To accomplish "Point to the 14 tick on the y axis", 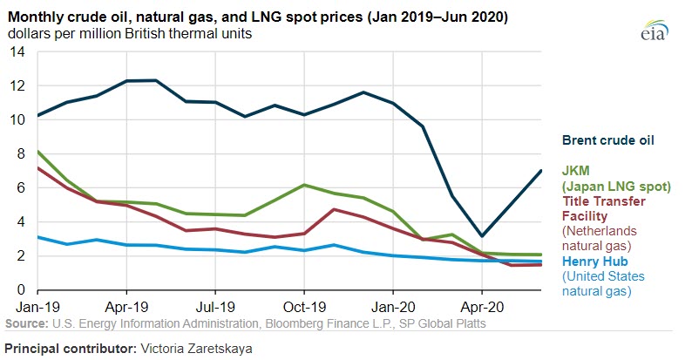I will [18, 52].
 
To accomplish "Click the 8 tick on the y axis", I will [22, 154].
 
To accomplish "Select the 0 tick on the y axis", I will [22, 290].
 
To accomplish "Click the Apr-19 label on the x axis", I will [127, 308].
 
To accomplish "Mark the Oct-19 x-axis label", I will [303, 308].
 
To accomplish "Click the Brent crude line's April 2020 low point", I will [481, 236].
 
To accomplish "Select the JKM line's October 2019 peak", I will [303, 185].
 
